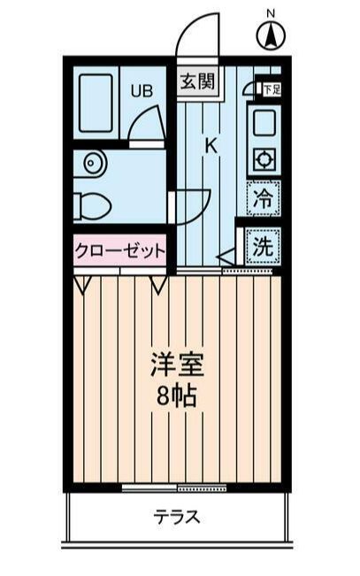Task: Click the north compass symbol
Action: click(x=271, y=36)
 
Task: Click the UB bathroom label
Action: click(x=142, y=89)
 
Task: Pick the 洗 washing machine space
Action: click(x=262, y=247)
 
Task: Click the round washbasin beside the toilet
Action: click(x=92, y=163)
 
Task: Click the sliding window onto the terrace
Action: click(x=176, y=488)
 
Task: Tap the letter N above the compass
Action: click(x=271, y=13)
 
